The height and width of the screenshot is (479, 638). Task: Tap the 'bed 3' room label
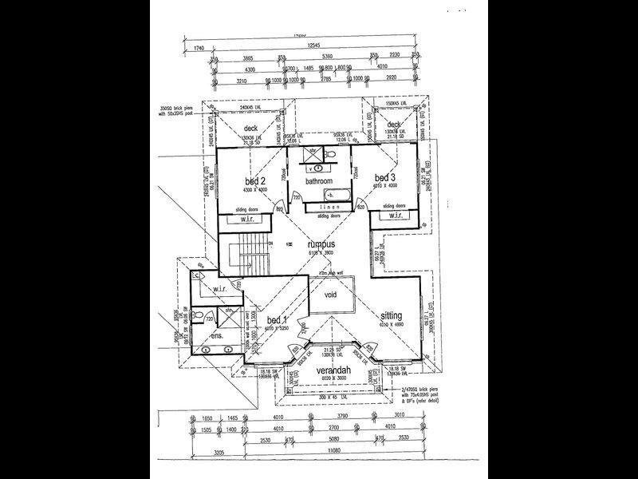pos(385,177)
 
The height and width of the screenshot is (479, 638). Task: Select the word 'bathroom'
pos(321,180)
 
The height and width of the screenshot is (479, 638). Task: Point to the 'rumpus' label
pos(320,244)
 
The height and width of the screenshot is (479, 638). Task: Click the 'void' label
pos(330,293)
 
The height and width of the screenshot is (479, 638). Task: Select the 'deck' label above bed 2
pos(250,128)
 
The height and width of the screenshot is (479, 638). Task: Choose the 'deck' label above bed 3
pos(393,125)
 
